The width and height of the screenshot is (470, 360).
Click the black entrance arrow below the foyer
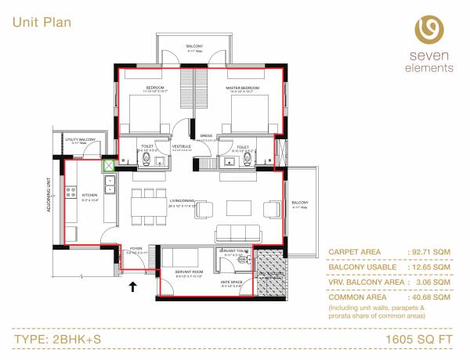(132, 287)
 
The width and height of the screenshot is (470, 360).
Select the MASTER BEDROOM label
(243, 88)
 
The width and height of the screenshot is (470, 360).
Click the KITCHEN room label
(89, 195)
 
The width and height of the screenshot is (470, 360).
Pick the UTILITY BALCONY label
(81, 139)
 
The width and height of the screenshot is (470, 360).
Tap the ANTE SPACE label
(231, 283)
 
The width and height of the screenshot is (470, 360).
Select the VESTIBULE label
(183, 146)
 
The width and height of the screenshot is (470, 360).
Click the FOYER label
(136, 249)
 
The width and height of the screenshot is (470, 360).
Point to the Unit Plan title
(42, 22)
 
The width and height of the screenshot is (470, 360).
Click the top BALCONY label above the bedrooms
(194, 47)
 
